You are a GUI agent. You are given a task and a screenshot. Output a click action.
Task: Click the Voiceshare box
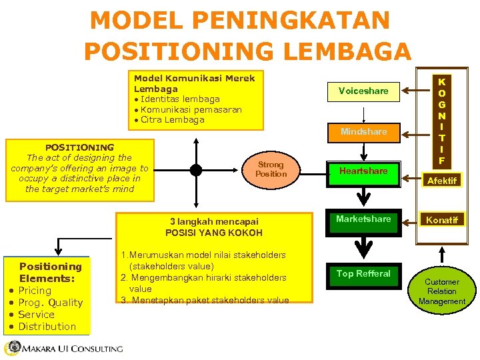(x=363, y=91)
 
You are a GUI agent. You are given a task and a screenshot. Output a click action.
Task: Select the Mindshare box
(x=363, y=131)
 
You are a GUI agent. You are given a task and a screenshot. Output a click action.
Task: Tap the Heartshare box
(x=363, y=171)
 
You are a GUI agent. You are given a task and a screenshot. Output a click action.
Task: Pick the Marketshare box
(x=363, y=219)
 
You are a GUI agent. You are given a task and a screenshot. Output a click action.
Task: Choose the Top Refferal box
(x=363, y=273)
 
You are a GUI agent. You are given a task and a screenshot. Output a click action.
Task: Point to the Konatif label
(x=442, y=220)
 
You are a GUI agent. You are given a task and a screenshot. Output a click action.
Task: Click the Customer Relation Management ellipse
(x=441, y=291)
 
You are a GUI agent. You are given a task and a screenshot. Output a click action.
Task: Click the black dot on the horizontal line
(x=195, y=169)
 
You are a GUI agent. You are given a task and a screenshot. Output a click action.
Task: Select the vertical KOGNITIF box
(x=441, y=121)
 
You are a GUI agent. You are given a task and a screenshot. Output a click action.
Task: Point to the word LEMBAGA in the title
(x=354, y=51)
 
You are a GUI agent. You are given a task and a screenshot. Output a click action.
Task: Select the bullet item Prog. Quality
(x=50, y=303)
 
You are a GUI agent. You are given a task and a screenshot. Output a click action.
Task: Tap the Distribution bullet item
(x=47, y=327)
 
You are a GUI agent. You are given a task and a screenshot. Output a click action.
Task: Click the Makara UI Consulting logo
(x=63, y=349)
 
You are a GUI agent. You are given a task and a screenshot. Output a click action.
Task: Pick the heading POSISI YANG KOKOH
(x=214, y=233)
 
